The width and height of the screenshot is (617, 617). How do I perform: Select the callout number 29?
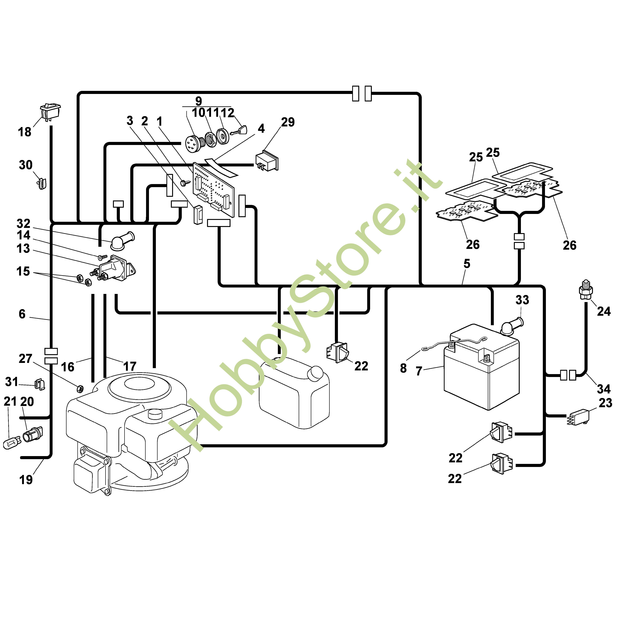[288, 122]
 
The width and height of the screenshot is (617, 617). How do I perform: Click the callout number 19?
[26, 480]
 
